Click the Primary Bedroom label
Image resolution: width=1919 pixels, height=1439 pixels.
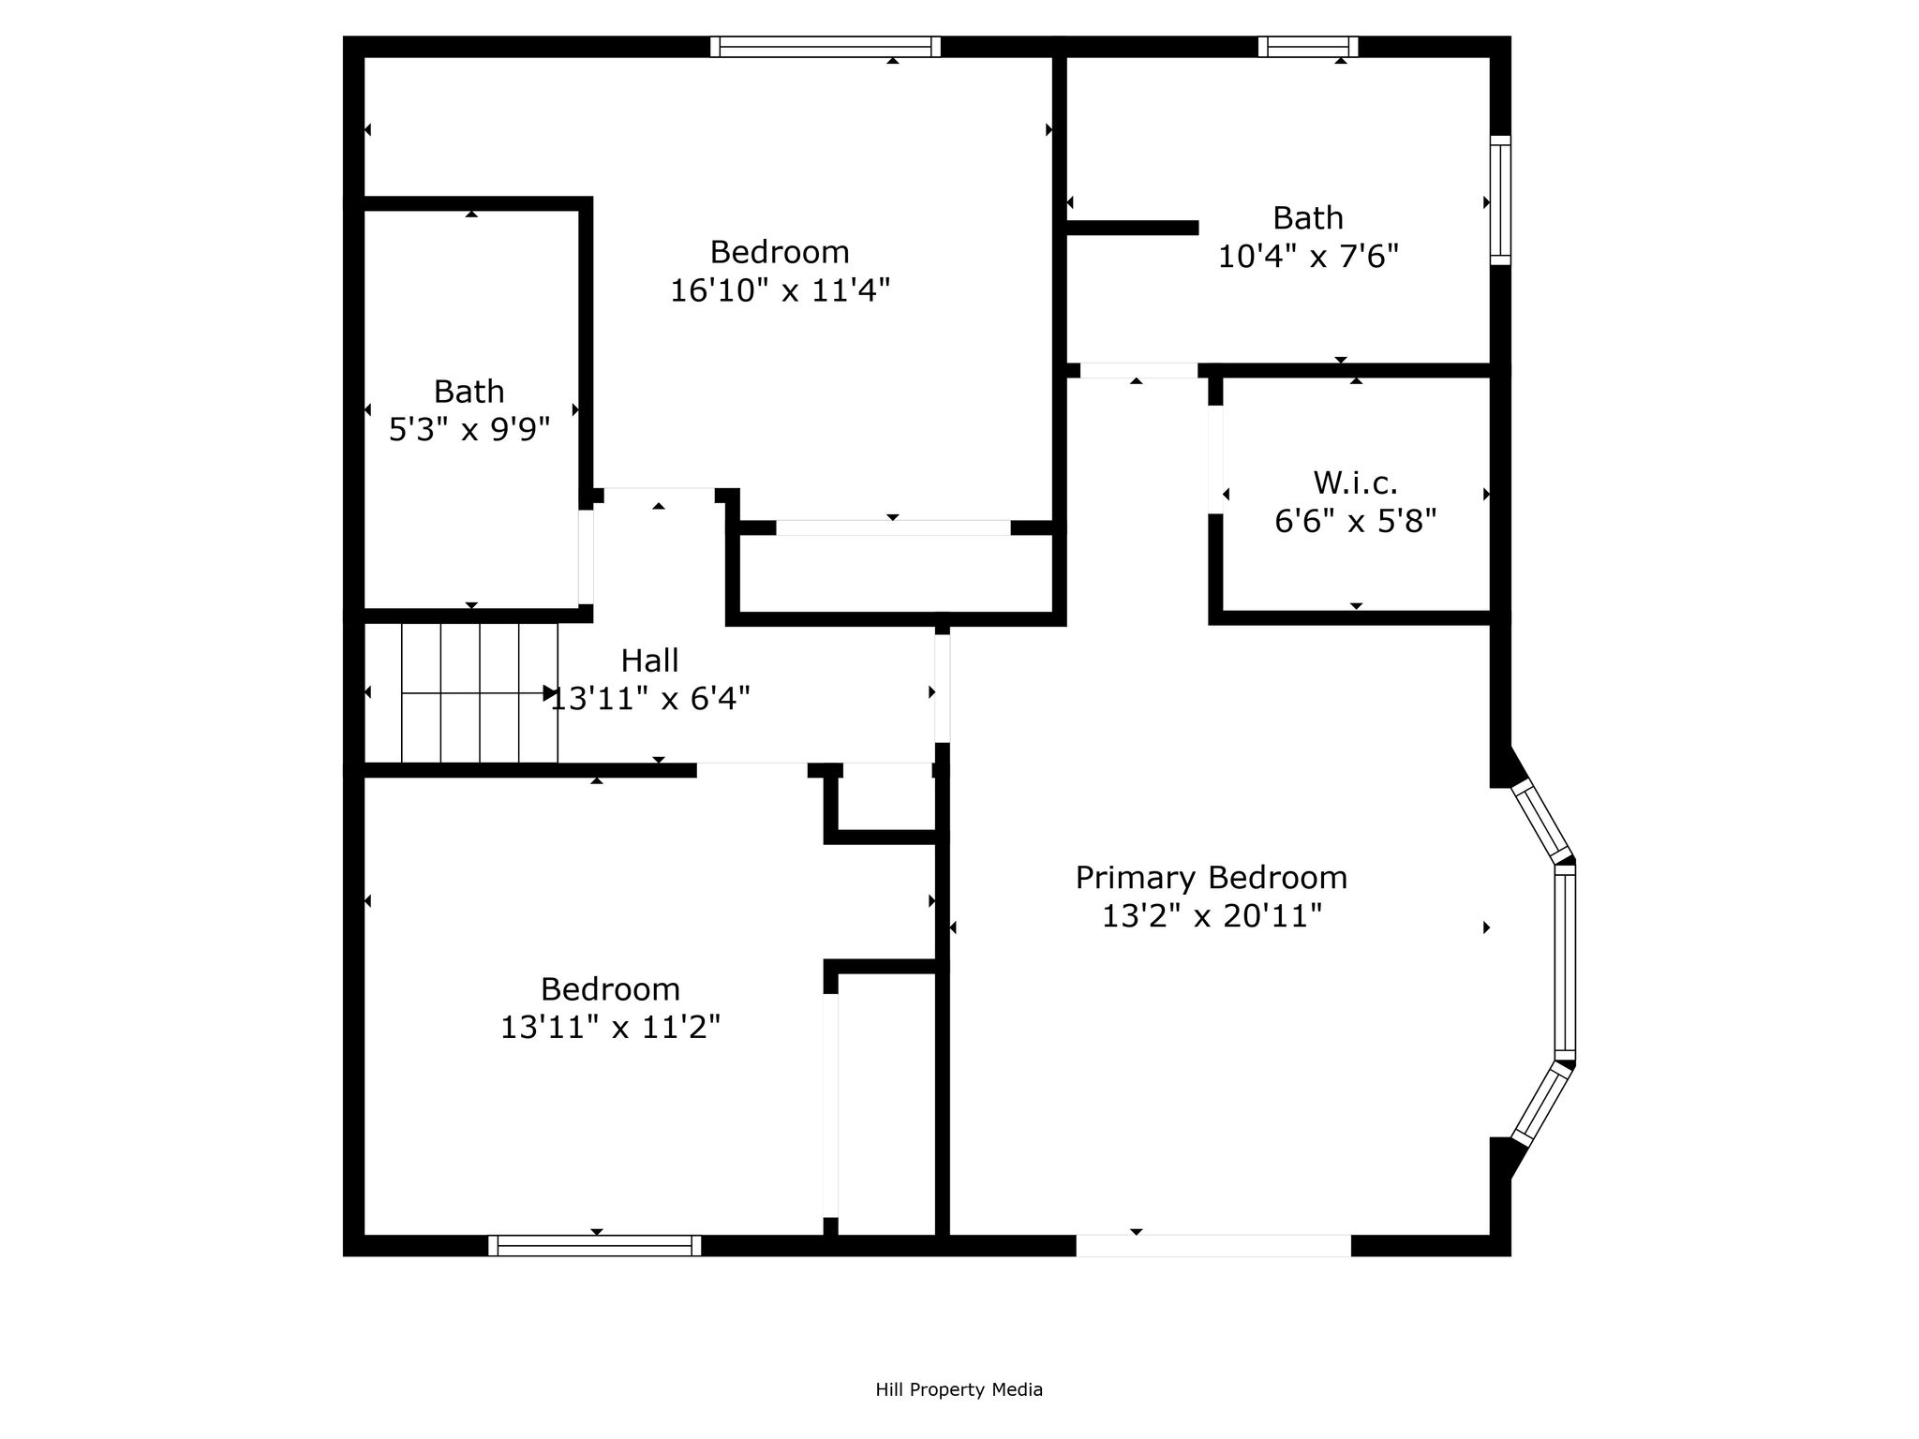point(1211,878)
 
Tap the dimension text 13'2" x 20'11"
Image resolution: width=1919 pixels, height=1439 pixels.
point(1211,916)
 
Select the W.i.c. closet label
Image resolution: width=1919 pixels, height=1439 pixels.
point(1355,483)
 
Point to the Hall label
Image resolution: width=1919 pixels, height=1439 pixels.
point(649,661)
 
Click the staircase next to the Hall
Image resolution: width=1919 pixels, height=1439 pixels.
point(460,693)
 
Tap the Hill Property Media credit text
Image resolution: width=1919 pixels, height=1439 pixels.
point(959,1390)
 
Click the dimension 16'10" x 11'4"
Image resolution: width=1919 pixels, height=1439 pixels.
point(780,290)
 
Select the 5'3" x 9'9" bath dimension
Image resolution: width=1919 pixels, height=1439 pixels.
point(469,430)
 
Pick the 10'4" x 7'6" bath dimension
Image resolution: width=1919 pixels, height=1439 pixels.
point(1308,256)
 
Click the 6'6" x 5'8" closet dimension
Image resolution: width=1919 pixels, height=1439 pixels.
point(1355,521)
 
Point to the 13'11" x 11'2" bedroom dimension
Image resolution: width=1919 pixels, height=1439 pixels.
point(610,1028)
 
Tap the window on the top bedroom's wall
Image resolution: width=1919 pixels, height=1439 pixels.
point(826,47)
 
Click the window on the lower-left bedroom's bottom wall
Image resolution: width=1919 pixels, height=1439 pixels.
point(595,1245)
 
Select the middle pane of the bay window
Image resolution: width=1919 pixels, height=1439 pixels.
point(1565,961)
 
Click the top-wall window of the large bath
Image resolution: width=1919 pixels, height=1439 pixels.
point(1308,47)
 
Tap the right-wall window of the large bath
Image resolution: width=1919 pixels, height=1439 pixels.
point(1500,200)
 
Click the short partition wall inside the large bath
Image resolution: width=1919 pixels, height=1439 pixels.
point(1133,228)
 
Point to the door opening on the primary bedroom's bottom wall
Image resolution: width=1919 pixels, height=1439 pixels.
point(1213,1245)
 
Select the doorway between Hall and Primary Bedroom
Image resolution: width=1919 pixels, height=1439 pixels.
point(943,689)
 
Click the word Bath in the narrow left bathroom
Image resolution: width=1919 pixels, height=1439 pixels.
point(469,392)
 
